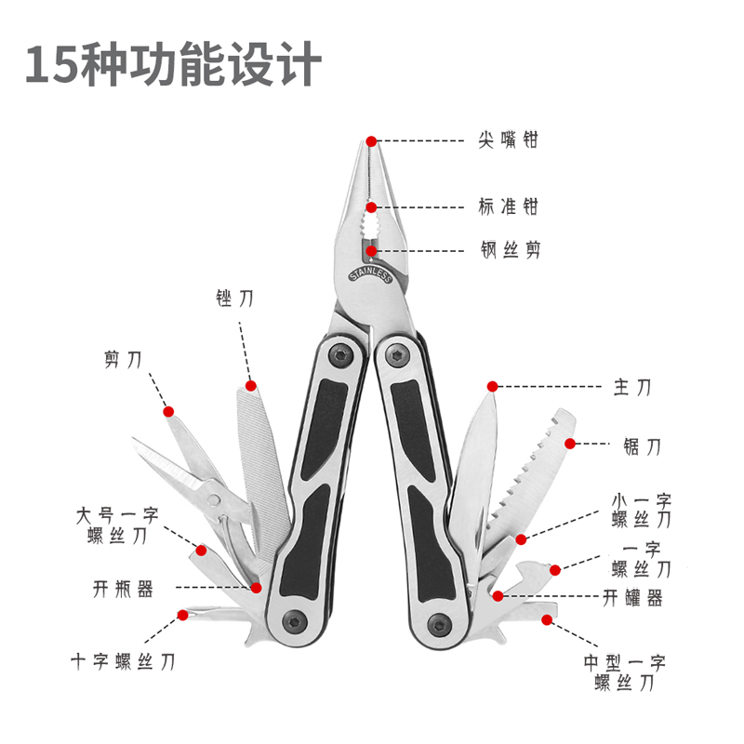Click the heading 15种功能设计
click(174, 66)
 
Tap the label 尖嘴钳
click(509, 140)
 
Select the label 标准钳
click(509, 206)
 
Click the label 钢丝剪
click(510, 249)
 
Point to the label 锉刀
click(233, 299)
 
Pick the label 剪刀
click(123, 360)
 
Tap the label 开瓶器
click(123, 588)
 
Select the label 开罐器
click(632, 598)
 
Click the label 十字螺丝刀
click(123, 661)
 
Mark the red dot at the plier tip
click(371, 141)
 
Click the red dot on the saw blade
click(571, 444)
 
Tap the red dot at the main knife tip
click(493, 385)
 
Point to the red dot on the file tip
click(250, 384)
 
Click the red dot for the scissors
click(168, 411)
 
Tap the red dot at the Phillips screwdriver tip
click(183, 614)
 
